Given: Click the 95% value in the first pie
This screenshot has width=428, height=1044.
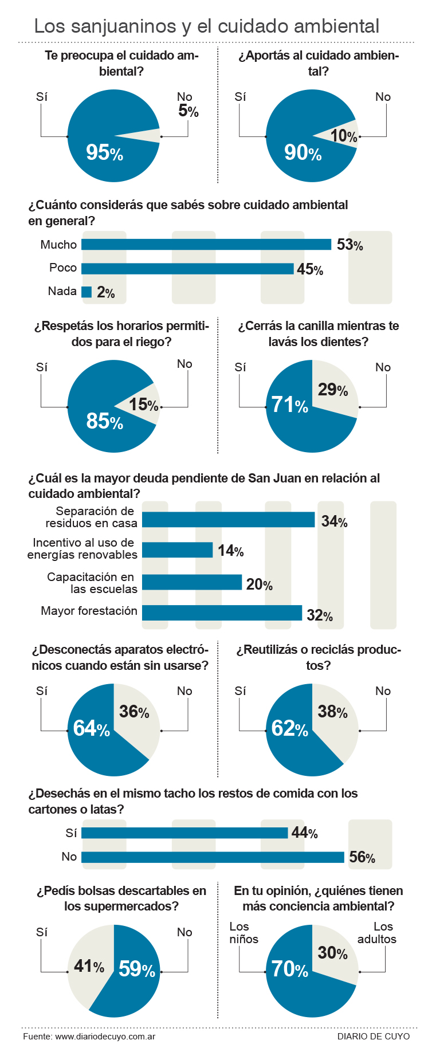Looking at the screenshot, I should (104, 152).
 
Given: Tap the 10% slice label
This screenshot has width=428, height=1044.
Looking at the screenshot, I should (344, 136).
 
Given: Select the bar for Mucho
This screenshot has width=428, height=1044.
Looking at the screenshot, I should (206, 245).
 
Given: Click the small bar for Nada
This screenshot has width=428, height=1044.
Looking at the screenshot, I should (87, 292).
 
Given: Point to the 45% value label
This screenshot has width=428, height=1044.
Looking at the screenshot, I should (310, 269).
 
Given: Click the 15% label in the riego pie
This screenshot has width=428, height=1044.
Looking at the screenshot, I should (143, 405).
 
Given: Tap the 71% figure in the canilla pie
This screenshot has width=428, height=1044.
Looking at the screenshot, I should (290, 405).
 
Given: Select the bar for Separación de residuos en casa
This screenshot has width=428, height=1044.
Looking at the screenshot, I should (228, 520).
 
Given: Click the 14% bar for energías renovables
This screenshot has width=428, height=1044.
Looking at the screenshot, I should (177, 550).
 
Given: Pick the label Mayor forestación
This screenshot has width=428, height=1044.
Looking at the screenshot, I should (89, 611).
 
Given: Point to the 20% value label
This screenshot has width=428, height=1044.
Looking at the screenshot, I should (259, 584).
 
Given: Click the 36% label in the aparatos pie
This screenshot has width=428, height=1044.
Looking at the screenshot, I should (134, 712).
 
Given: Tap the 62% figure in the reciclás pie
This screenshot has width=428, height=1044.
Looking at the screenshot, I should (290, 728).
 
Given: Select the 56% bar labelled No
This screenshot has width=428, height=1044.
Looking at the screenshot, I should (213, 857).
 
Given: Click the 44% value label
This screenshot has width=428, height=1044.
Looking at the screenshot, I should (304, 833).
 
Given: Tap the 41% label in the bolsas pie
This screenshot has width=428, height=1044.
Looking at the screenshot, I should (89, 967).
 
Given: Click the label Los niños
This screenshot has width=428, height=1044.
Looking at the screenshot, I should (244, 933).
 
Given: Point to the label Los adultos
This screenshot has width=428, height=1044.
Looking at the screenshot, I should (378, 933).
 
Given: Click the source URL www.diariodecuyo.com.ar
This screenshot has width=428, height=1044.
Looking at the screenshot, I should (105, 1036).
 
